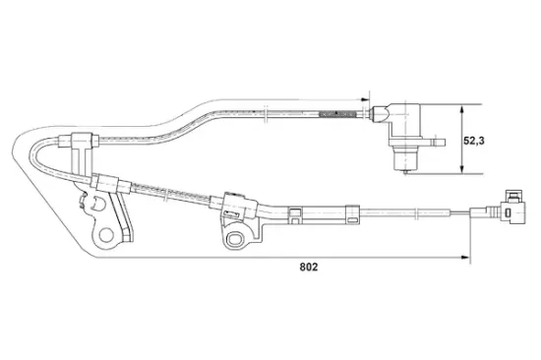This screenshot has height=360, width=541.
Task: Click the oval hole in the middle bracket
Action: point(239,239)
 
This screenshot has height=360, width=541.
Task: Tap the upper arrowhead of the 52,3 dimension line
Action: point(461,110)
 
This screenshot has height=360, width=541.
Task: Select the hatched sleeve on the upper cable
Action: point(337,116)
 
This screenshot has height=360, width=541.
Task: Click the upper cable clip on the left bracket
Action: point(82,142)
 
